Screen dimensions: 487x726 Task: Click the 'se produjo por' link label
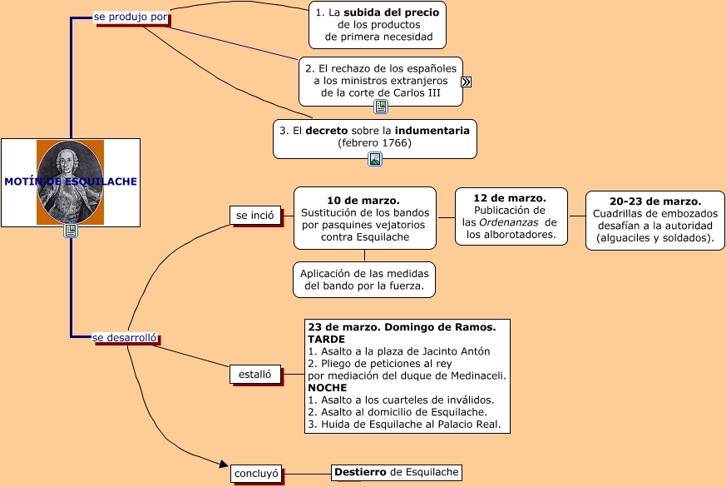click(131, 17)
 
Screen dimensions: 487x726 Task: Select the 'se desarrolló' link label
click(125, 337)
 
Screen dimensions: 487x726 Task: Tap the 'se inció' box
click(254, 215)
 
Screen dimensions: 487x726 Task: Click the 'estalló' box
click(254, 375)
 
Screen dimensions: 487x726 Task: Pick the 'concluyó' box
click(256, 474)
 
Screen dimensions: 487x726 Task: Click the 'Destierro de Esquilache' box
click(396, 473)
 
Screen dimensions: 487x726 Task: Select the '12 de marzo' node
click(511, 216)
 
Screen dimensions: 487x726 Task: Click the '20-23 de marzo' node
click(654, 220)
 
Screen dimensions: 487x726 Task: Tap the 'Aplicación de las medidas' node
click(364, 280)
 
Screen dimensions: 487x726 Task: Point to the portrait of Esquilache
click(70, 181)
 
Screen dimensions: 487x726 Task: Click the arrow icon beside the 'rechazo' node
click(467, 82)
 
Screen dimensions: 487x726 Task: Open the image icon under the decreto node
click(375, 159)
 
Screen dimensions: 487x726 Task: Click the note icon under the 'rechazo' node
click(381, 107)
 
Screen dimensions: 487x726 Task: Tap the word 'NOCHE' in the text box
click(327, 387)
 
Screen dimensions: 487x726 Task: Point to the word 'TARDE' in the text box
click(326, 339)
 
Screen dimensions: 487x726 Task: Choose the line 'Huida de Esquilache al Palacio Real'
click(404, 424)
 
